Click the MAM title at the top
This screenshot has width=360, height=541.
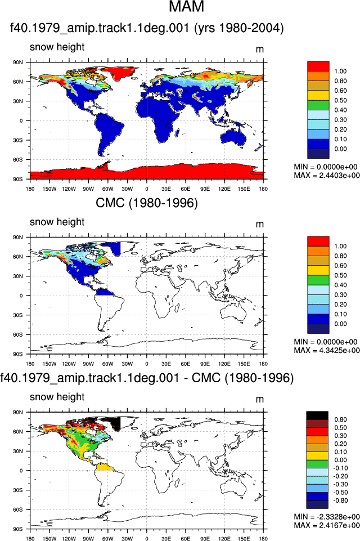(x=187, y=7)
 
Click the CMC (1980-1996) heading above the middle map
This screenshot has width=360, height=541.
(x=147, y=203)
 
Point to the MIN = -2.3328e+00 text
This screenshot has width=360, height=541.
(x=327, y=517)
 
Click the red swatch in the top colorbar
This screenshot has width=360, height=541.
(x=318, y=66)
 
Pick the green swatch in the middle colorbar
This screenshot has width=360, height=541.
(x=318, y=280)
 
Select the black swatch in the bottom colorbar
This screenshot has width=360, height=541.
(x=317, y=415)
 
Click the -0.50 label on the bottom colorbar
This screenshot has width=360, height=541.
(x=340, y=493)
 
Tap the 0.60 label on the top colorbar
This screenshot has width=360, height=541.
(x=340, y=91)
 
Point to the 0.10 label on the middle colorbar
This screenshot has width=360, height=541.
(x=340, y=314)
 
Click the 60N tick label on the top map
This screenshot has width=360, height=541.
(x=18, y=82)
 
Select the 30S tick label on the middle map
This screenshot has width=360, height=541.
(x=18, y=315)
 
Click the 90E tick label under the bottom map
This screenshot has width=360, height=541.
(x=205, y=539)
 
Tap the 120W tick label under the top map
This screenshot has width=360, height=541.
(x=69, y=189)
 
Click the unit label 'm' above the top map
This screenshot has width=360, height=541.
(x=260, y=50)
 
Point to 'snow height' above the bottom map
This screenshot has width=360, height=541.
(x=57, y=397)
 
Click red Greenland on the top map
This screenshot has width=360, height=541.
(x=118, y=73)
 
